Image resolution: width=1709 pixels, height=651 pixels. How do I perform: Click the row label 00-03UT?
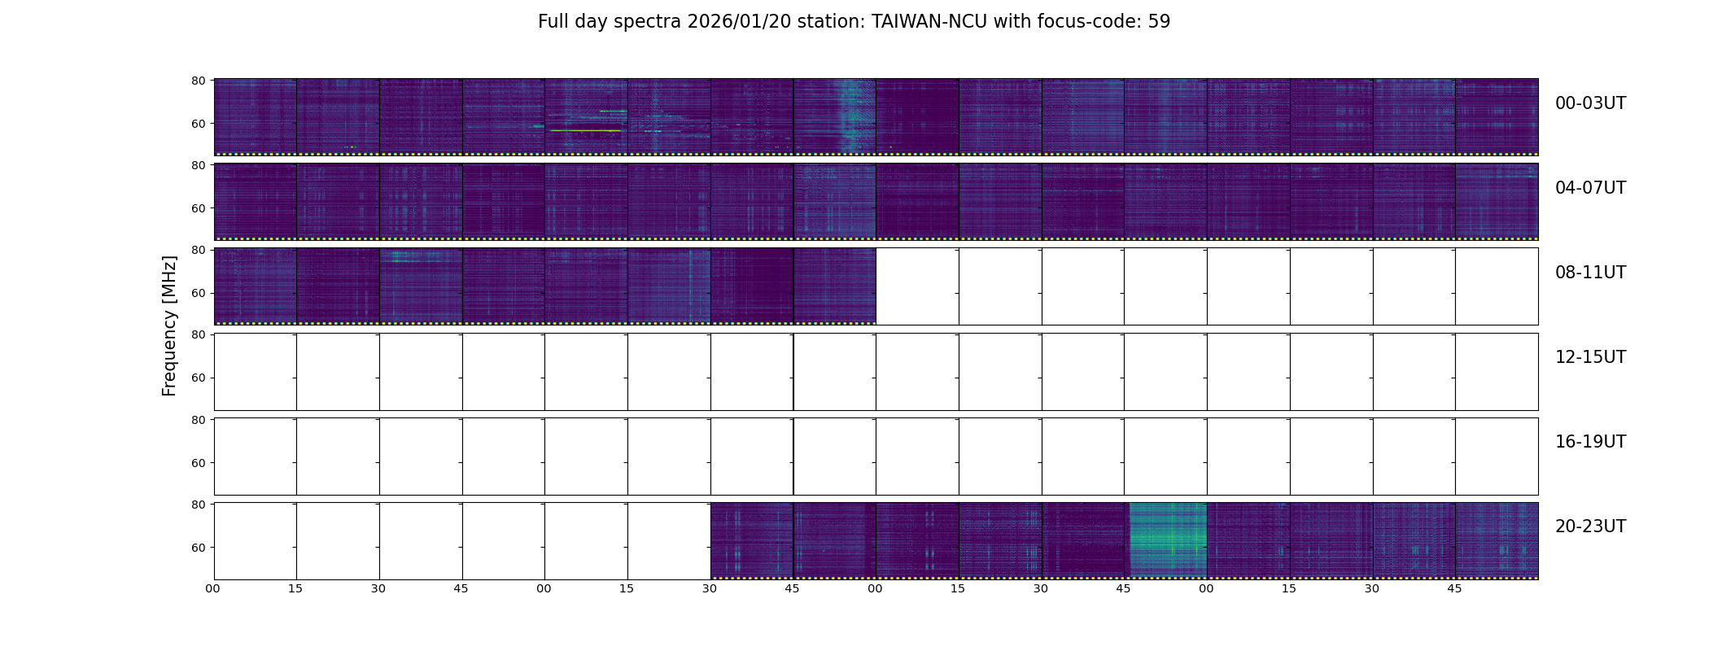[1589, 103]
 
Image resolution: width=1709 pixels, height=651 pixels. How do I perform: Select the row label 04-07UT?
[1589, 188]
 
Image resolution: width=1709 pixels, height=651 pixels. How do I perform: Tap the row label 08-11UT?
[1589, 273]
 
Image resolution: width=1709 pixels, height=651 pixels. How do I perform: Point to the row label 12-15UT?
[1589, 357]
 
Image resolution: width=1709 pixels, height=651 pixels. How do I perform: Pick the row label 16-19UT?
[1589, 442]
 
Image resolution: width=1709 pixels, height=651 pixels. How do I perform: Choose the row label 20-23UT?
[1589, 526]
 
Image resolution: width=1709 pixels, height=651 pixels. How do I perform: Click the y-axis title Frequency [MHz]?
[169, 325]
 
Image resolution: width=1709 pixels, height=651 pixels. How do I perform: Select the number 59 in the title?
[1159, 22]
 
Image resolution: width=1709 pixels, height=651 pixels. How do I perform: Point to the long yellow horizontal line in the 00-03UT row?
[586, 130]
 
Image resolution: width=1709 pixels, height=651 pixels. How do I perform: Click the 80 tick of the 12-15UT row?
[198, 334]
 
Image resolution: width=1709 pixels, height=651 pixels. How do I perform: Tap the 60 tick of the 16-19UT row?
[198, 463]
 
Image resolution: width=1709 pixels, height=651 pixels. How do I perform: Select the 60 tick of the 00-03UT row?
[198, 124]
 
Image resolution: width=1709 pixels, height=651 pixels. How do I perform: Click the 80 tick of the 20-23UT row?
[198, 505]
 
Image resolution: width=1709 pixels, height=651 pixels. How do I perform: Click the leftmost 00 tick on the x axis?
[213, 588]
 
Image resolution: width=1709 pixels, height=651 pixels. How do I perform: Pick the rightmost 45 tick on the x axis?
[1454, 588]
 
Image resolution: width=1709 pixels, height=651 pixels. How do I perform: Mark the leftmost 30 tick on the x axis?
[378, 588]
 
